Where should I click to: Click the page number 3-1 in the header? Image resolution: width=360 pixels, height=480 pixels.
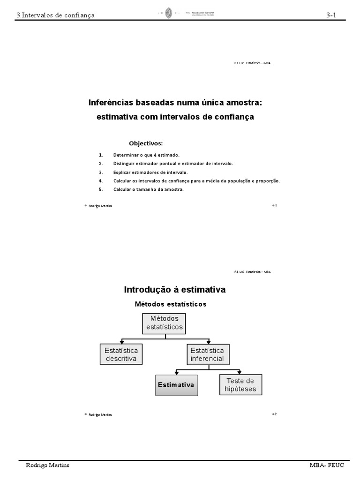tap(332, 15)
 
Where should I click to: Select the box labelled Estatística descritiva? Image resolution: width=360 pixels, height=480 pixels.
tap(121, 354)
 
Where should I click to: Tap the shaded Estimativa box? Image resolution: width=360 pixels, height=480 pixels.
tap(176, 385)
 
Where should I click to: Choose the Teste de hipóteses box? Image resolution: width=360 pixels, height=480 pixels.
tap(240, 385)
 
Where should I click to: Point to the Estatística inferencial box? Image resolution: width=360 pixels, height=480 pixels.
tap(207, 354)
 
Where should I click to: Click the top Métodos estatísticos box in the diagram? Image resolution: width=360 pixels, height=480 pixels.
tap(164, 323)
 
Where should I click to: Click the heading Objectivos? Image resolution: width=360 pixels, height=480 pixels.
tap(146, 143)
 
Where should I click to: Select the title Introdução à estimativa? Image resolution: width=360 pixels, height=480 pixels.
tap(174, 290)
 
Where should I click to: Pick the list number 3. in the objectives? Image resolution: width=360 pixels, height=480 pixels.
tap(100, 172)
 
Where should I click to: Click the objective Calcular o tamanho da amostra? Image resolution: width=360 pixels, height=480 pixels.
tap(148, 189)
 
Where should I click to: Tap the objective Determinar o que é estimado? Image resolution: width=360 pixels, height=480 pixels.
tap(146, 155)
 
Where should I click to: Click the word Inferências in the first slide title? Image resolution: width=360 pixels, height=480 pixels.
tap(111, 102)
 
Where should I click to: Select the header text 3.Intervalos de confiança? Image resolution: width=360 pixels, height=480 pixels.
tap(55, 15)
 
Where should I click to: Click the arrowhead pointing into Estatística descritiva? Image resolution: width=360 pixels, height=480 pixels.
tap(122, 342)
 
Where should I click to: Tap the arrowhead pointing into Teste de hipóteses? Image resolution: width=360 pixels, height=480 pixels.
tap(240, 372)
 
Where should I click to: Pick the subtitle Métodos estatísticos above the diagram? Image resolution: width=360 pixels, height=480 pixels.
tap(170, 304)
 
